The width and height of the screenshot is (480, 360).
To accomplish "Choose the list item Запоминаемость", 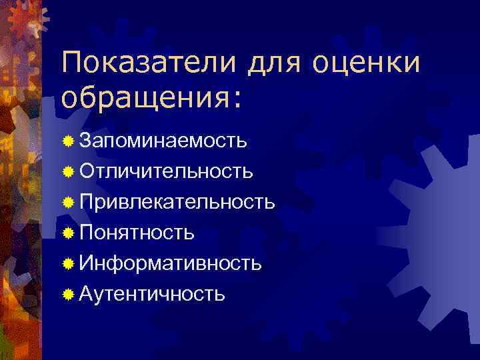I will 163,141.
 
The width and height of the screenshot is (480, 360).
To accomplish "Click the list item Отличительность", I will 166,172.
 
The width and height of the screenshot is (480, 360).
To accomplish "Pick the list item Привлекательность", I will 177,202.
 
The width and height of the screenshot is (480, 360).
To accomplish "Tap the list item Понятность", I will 137,233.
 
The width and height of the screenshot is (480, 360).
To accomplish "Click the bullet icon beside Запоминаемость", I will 68,142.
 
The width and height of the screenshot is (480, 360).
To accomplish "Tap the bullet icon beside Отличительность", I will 68,172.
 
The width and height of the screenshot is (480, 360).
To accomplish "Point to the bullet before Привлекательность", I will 68,203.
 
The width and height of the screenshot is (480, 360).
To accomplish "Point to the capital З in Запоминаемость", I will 85,141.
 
